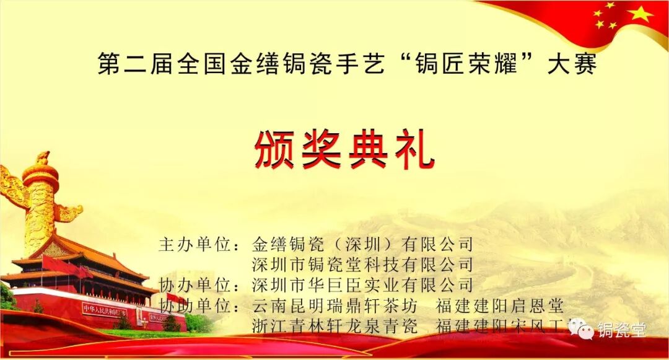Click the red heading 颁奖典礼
(344, 150)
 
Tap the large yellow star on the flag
(640, 13)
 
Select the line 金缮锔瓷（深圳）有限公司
(362, 244)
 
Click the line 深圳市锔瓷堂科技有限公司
(362, 265)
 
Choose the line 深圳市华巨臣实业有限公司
(362, 285)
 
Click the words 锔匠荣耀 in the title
(468, 64)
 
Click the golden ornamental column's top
(43, 159)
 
